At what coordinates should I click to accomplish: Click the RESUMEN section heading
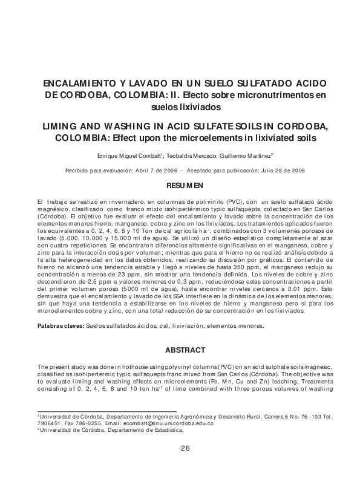point(180,185)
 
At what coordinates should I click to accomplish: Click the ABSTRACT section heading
point(180,350)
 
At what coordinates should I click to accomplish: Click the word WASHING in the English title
point(128,126)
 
